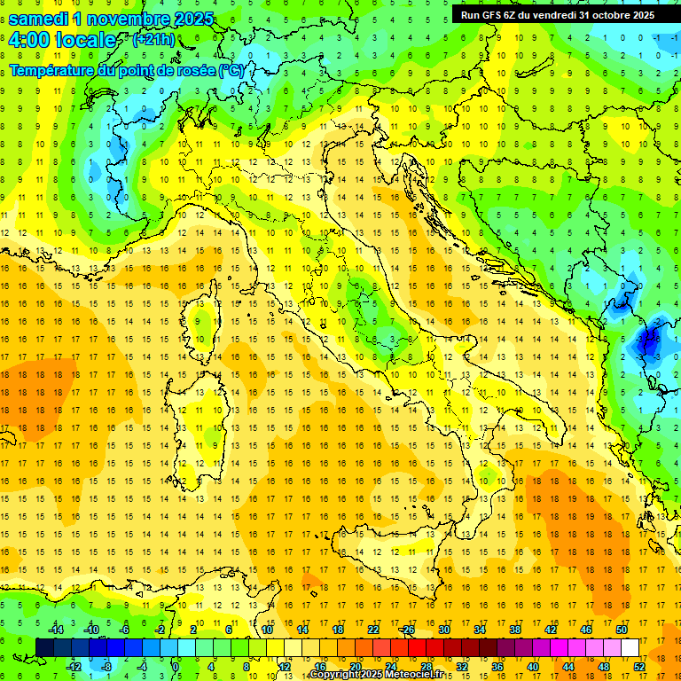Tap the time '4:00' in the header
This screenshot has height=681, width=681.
coord(29,40)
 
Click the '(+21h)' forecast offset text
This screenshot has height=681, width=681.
coord(153,40)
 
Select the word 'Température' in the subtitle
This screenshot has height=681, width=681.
coord(52,70)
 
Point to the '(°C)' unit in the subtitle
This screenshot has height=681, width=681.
coord(231,70)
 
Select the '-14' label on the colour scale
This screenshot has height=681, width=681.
coord(55,629)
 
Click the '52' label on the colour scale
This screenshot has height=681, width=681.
coord(638,666)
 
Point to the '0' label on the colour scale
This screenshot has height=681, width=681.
coord(175,666)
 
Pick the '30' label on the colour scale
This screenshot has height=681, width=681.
coord(443,629)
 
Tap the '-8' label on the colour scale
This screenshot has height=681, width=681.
coord(106,666)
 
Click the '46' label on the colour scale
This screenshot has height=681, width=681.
coord(586,629)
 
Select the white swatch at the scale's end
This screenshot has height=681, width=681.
coord(630,647)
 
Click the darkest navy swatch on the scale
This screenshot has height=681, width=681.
coord(44,647)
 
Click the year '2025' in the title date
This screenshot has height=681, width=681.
coord(193,18)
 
